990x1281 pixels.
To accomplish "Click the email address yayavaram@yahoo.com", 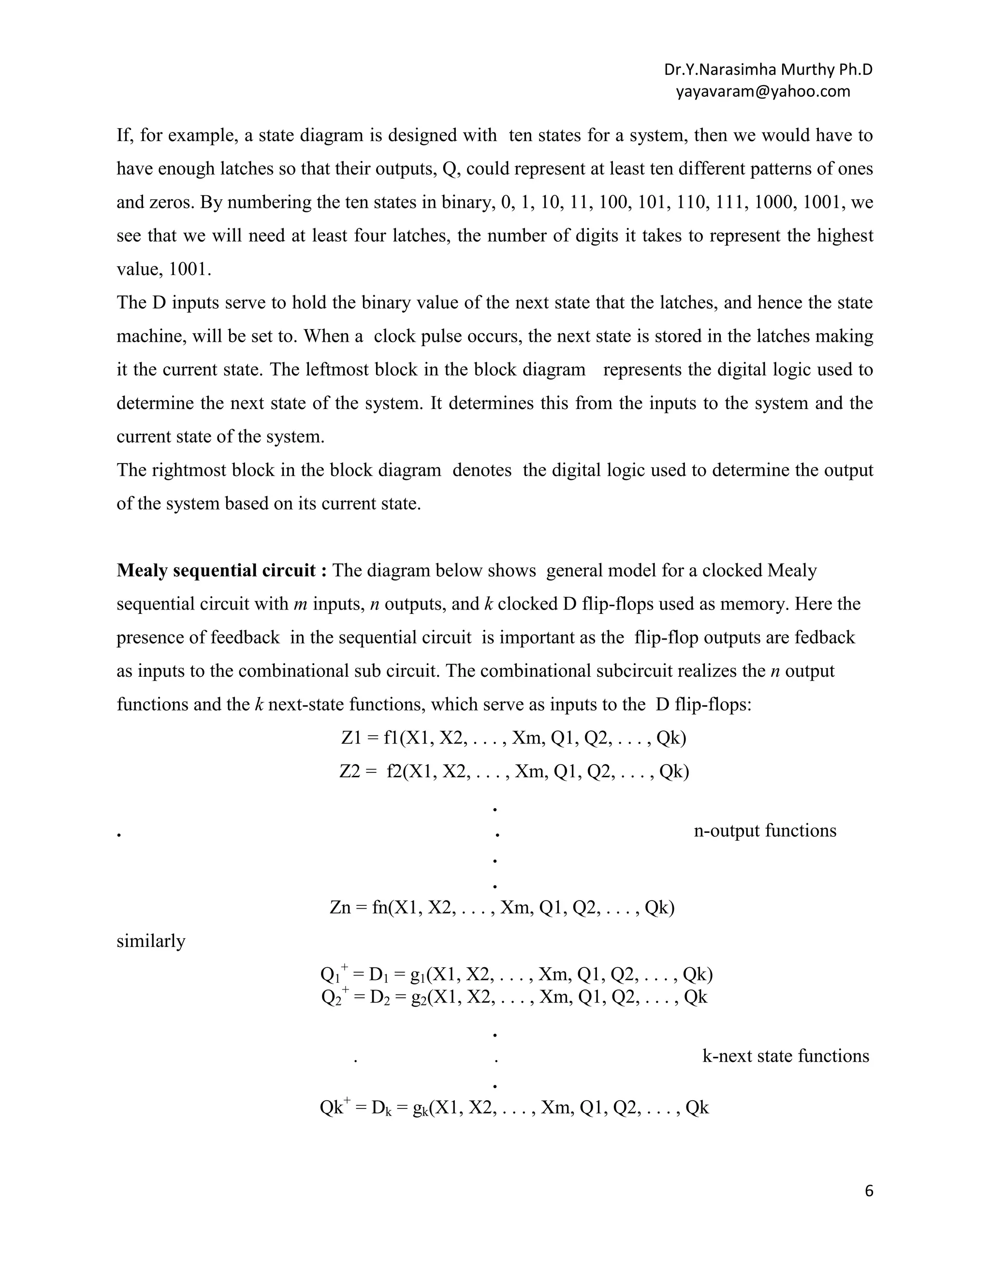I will click(x=762, y=91).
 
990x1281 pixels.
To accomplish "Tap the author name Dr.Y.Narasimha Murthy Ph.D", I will click(x=768, y=70).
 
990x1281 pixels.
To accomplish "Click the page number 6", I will click(x=869, y=1191).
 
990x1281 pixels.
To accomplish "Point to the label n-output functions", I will click(x=765, y=830).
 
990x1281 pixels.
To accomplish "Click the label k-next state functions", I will click(x=786, y=1056).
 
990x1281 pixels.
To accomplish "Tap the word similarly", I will click(x=151, y=941).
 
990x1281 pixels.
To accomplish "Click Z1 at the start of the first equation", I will click(x=351, y=738).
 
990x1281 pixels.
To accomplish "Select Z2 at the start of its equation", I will click(x=349, y=772).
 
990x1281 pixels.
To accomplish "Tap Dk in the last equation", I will click(x=381, y=1108).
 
